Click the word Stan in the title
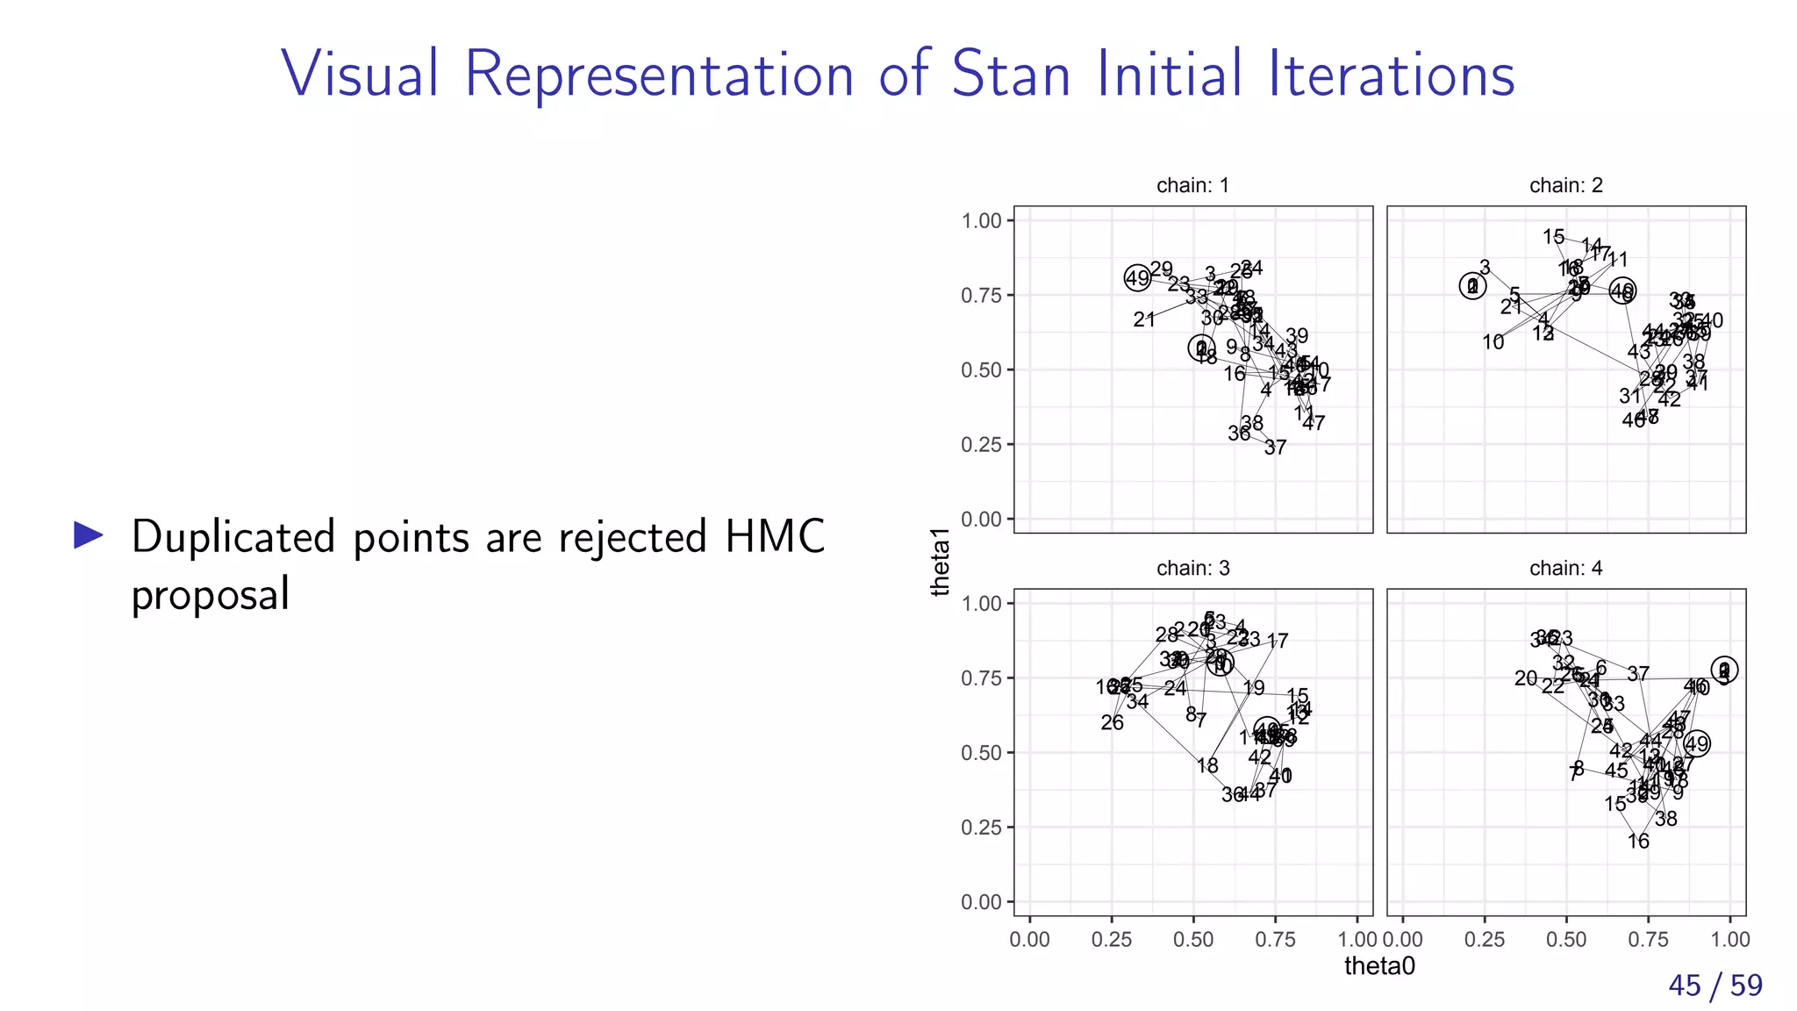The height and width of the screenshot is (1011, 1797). tap(1011, 74)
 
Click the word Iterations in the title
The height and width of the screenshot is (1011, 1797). tap(1392, 74)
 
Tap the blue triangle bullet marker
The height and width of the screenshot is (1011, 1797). tap(89, 534)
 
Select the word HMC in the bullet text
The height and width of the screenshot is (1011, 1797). tap(775, 536)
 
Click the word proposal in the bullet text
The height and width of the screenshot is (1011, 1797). tap(211, 595)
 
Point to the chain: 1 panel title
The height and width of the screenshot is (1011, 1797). tap(1192, 185)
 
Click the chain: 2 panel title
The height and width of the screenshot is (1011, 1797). tap(1565, 185)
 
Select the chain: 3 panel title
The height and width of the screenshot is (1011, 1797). tap(1192, 568)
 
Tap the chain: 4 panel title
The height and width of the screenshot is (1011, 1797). tap(1565, 568)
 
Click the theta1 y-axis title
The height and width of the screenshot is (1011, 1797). tap(941, 563)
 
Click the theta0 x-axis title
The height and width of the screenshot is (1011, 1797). tap(1379, 966)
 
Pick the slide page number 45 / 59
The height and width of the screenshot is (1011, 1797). tap(1715, 986)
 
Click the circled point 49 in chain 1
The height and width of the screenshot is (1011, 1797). tap(1137, 278)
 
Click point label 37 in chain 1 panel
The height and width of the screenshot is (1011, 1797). tap(1275, 448)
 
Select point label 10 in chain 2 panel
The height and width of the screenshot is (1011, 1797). tap(1493, 342)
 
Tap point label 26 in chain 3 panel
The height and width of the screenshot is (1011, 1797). tap(1112, 723)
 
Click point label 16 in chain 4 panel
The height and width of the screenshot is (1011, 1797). tap(1638, 842)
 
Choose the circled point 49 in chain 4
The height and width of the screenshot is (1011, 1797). tap(1697, 744)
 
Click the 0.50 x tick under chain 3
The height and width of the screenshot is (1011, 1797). tap(1192, 940)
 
